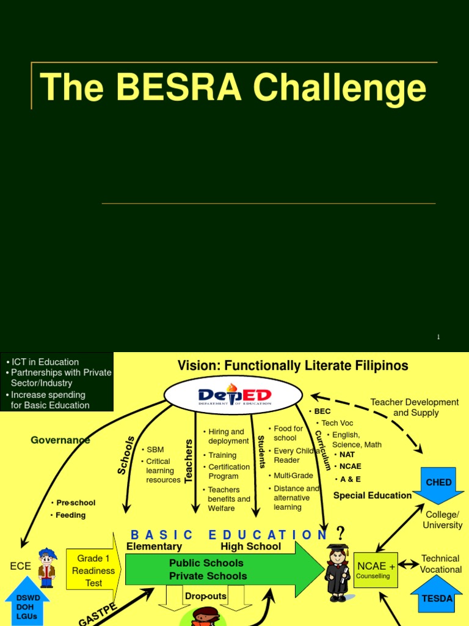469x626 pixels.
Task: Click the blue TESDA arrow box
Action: pyautogui.click(x=437, y=596)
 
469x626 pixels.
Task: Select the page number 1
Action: pyautogui.click(x=438, y=337)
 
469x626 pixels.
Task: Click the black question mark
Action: pyautogui.click(x=341, y=532)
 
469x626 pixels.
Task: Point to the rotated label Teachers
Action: pyautogui.click(x=189, y=460)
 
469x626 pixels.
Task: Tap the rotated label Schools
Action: pyautogui.click(x=126, y=455)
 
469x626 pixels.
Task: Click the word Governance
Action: pyautogui.click(x=60, y=440)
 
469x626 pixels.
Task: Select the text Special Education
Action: pyautogui.click(x=373, y=495)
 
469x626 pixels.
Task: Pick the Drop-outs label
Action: pyautogui.click(x=206, y=596)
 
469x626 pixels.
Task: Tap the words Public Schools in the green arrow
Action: pyautogui.click(x=206, y=563)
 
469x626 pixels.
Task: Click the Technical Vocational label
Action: pyautogui.click(x=440, y=564)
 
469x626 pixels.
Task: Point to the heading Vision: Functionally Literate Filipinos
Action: pyautogui.click(x=293, y=366)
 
